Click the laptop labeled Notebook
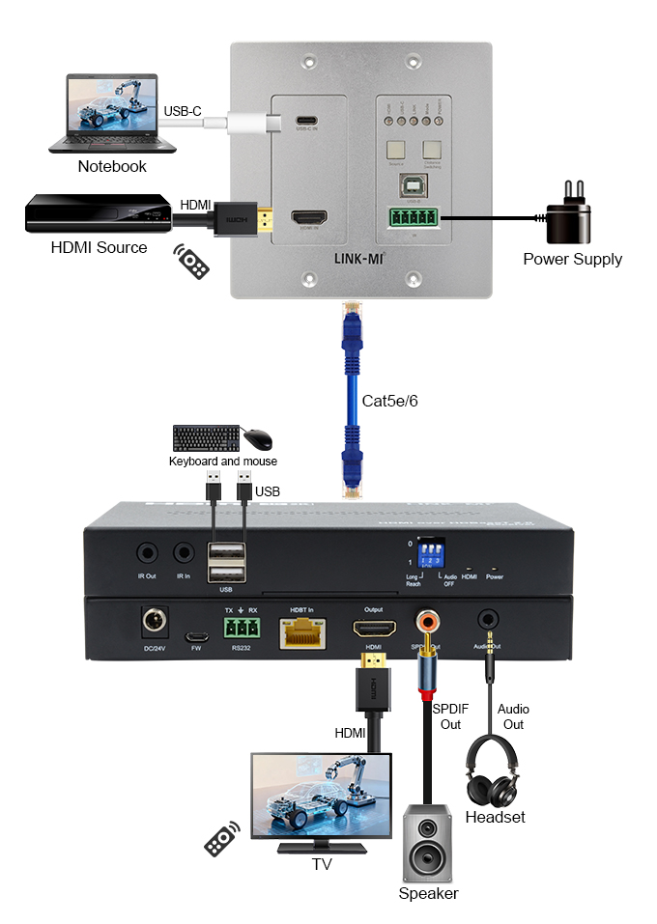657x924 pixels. pyautogui.click(x=112, y=111)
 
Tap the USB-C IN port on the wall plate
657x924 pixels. pyautogui.click(x=306, y=121)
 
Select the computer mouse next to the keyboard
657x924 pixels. pyautogui.click(x=257, y=439)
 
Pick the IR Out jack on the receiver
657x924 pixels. pyautogui.click(x=146, y=553)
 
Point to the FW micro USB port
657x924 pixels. pyautogui.click(x=196, y=638)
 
